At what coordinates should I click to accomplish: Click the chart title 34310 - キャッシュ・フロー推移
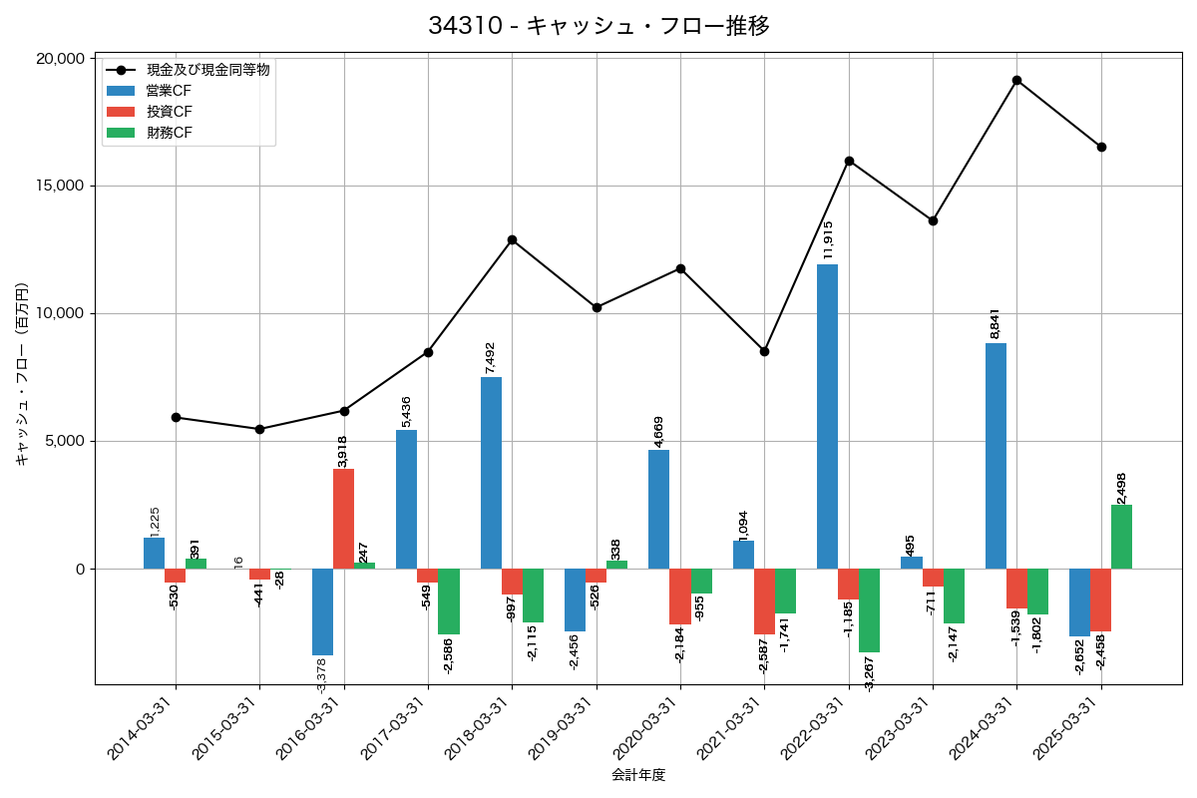point(598,26)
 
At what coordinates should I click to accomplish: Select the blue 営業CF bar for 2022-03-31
point(827,416)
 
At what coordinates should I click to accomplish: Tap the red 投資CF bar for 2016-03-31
point(344,519)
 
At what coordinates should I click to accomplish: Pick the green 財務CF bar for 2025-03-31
point(1121,537)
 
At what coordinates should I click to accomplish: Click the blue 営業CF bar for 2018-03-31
point(491,473)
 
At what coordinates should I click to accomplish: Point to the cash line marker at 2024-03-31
point(1016,80)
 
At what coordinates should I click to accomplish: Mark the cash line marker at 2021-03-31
point(764,351)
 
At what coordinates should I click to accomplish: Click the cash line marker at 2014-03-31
point(176,417)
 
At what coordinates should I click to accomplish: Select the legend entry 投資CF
point(170,112)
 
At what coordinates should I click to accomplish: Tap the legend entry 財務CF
point(170,134)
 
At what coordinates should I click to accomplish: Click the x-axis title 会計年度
point(638,775)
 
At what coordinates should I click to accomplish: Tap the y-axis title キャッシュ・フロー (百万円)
point(22,374)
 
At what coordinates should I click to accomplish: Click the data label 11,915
point(828,240)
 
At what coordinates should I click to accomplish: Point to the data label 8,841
point(996,322)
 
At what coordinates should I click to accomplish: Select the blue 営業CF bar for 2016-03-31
point(322,611)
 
